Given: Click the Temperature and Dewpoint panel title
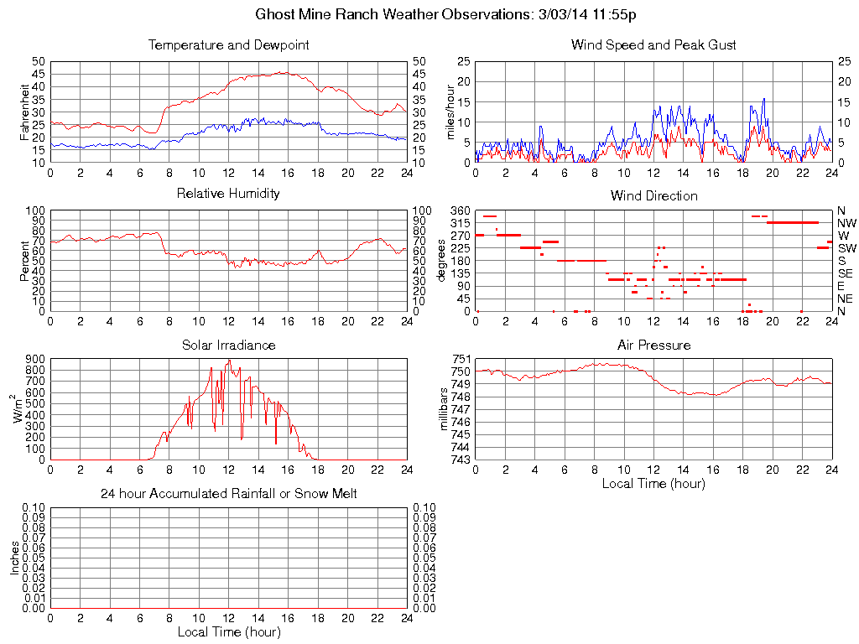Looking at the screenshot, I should click(228, 44).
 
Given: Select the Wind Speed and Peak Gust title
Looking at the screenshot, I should click(653, 44).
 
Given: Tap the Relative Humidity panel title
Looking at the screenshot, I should click(228, 194).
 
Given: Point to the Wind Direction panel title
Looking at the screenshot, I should click(653, 195).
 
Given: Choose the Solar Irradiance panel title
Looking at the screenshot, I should click(228, 345).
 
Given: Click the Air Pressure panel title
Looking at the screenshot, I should click(653, 345).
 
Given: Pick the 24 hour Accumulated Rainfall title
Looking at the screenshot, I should click(228, 494).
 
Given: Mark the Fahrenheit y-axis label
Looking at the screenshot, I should click(24, 112).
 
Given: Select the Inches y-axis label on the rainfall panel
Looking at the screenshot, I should click(14, 558).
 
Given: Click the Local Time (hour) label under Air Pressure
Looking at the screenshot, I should click(653, 483).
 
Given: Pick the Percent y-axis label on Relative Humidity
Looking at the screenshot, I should click(24, 261).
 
